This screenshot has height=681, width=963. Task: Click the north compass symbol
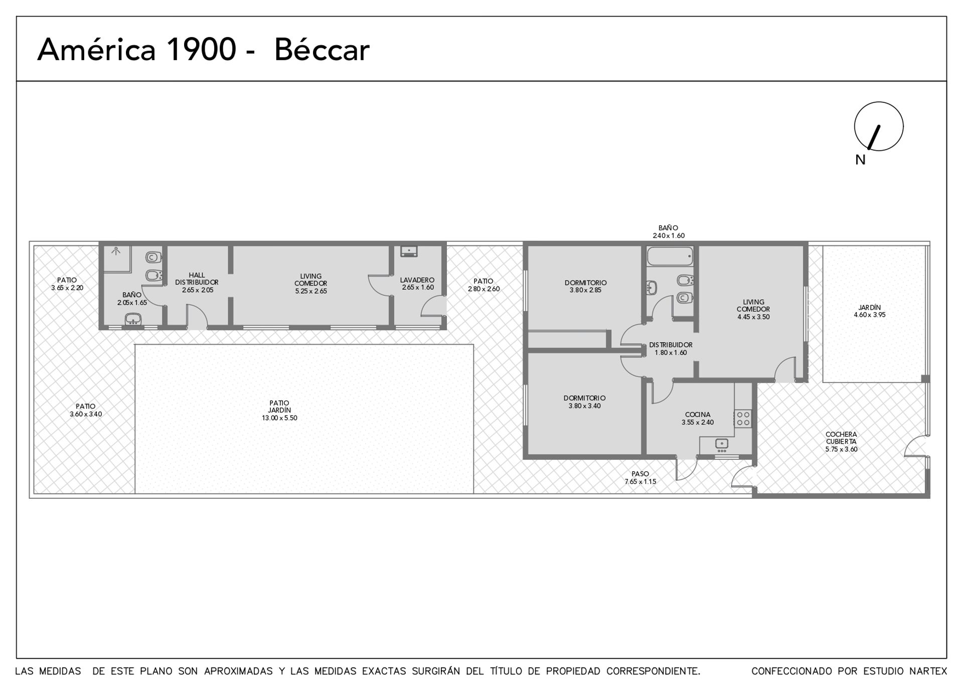click(879, 126)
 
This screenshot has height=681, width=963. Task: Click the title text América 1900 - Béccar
click(203, 50)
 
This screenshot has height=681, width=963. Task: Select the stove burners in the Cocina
click(743, 419)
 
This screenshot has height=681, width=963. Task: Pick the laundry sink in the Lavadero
click(409, 251)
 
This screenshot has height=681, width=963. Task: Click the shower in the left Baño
click(117, 258)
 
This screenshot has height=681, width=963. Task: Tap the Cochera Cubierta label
click(842, 442)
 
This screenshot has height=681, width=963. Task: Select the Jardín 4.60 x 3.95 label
click(870, 311)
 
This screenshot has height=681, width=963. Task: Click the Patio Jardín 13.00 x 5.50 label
click(279, 410)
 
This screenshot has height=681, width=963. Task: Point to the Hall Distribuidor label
click(197, 283)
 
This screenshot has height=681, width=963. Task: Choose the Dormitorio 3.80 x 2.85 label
click(585, 286)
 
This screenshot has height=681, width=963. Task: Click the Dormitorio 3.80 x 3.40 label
click(585, 402)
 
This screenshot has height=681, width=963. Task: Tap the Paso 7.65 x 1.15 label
click(640, 477)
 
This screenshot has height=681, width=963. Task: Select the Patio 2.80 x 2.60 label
click(484, 285)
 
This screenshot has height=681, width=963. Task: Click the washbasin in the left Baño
click(133, 318)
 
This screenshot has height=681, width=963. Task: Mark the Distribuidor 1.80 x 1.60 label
click(671, 349)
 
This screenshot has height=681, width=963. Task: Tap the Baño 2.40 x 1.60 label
click(669, 231)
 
